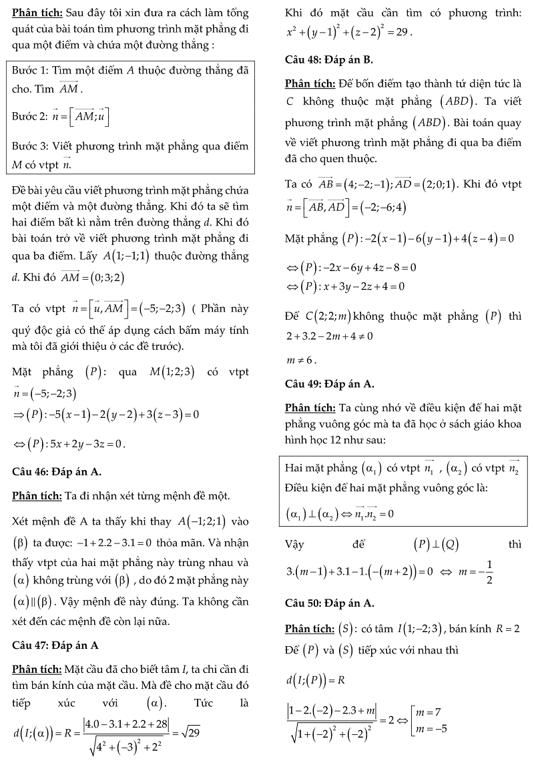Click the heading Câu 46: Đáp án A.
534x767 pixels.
coord(57,472)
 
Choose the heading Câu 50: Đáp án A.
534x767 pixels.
coord(329,603)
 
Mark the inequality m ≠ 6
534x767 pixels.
coord(300,360)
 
